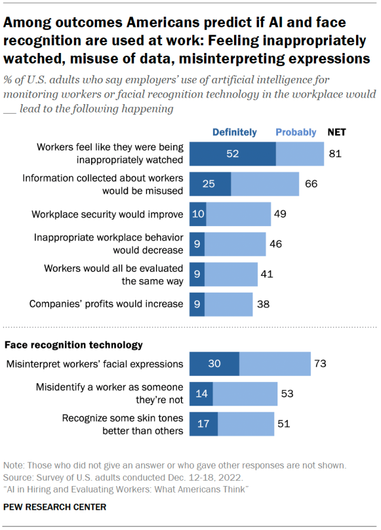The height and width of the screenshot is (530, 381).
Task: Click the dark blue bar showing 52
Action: [x=232, y=153]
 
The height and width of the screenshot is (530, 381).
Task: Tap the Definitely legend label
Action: [x=235, y=132]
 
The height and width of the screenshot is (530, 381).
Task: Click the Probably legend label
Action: [x=296, y=132]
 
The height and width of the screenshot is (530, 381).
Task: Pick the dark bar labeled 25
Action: [x=210, y=184]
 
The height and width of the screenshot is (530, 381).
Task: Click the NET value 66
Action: [x=311, y=184]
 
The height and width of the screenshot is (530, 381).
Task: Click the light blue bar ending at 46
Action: [x=235, y=244]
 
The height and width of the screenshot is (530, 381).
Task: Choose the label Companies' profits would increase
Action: [x=107, y=304]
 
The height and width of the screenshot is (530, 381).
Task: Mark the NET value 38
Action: [x=263, y=304]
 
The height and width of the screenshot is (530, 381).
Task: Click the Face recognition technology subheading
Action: [x=74, y=344]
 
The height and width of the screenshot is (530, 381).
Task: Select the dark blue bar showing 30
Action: [x=214, y=363]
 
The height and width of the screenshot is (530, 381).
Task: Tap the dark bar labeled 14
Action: [x=201, y=393]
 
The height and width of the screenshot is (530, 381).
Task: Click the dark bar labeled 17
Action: [x=203, y=424]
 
